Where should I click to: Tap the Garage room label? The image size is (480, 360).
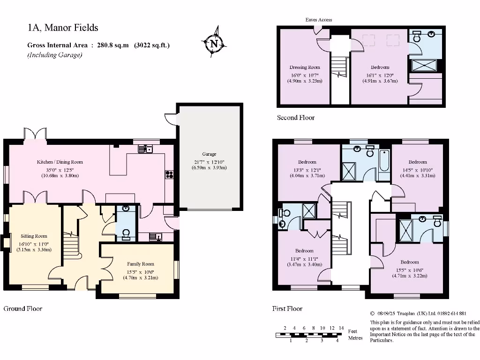click(x=209, y=154)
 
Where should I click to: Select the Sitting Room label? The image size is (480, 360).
click(x=34, y=236)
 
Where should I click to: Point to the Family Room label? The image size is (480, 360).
click(x=141, y=264)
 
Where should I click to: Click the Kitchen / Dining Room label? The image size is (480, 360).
click(x=60, y=162)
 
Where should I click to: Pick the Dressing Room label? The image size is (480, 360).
click(x=305, y=67)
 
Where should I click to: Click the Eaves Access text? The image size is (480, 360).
click(x=319, y=20)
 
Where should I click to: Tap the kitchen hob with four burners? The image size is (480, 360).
click(x=169, y=174)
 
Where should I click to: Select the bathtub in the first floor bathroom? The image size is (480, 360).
click(x=384, y=161)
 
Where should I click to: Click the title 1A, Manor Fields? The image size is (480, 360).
click(x=63, y=28)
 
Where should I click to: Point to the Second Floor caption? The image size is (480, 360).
click(x=296, y=118)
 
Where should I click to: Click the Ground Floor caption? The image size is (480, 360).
click(x=23, y=308)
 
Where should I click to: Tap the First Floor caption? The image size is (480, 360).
click(x=287, y=308)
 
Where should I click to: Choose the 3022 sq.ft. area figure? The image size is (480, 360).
click(x=152, y=45)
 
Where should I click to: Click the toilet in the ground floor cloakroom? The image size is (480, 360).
click(x=126, y=234)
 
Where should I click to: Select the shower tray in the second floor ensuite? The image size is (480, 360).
click(x=424, y=65)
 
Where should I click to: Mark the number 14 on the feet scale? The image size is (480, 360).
click(x=341, y=328)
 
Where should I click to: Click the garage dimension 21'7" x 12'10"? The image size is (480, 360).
click(x=209, y=162)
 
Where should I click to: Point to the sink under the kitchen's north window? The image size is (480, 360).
click(x=145, y=149)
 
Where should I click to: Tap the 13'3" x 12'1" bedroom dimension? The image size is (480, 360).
click(x=307, y=170)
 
